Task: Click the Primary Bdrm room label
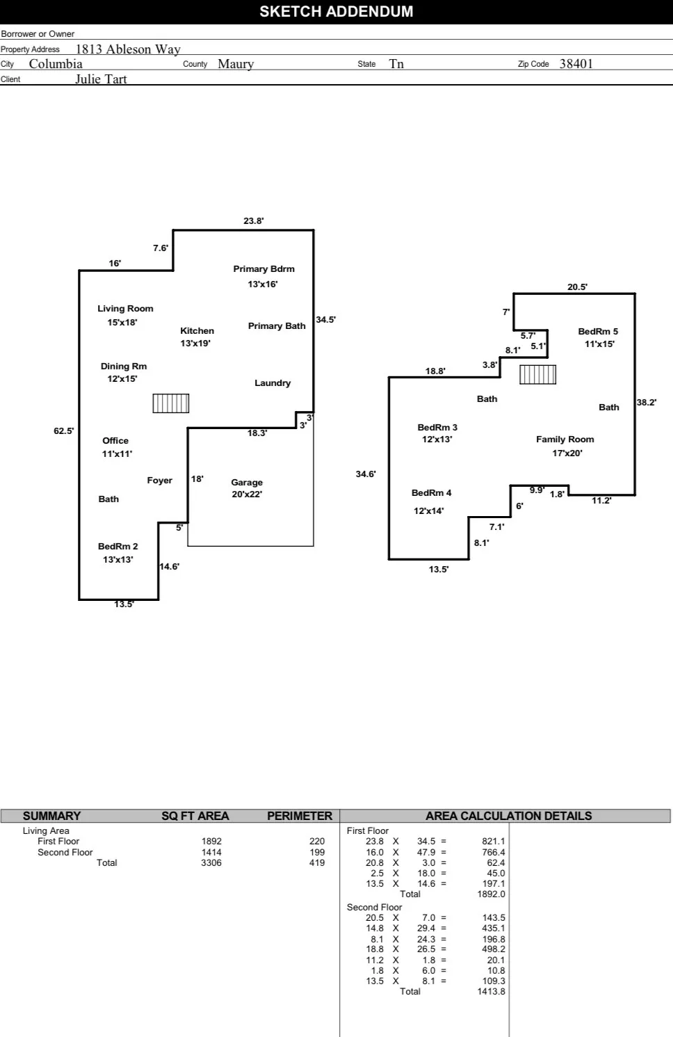tap(263, 269)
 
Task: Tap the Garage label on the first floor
tap(247, 482)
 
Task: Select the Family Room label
tap(565, 440)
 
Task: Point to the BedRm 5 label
tap(598, 332)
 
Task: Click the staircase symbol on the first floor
tap(171, 403)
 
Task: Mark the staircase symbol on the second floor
tap(538, 374)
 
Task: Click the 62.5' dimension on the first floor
tap(64, 431)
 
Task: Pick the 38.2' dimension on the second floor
tap(647, 403)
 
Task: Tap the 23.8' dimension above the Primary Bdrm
tap(254, 221)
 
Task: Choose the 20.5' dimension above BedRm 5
tap(577, 287)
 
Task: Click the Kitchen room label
tap(197, 331)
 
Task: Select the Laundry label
tap(273, 383)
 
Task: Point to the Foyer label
tap(159, 481)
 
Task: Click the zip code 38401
tap(576, 64)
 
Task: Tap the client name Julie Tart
tap(101, 79)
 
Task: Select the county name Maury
tap(236, 64)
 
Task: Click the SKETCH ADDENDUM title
tap(336, 12)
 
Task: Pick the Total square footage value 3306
tap(211, 863)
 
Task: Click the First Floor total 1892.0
tap(491, 894)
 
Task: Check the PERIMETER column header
tap(300, 816)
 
